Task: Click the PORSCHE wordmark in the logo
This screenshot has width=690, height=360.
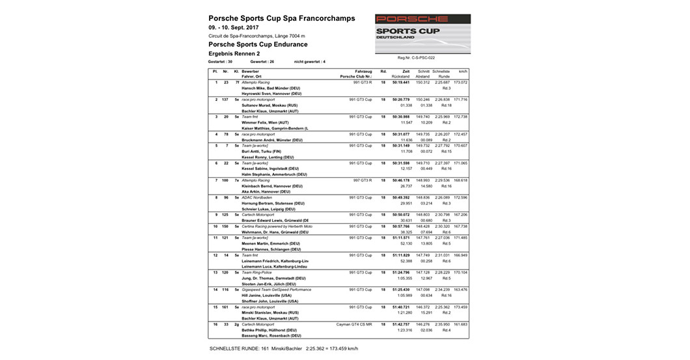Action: coord(412,20)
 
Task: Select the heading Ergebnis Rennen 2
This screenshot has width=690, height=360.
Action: coord(234,53)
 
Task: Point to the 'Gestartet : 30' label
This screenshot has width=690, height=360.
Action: coord(220,61)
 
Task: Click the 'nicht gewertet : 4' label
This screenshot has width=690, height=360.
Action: coord(309,61)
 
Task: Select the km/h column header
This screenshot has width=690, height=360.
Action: coord(463,71)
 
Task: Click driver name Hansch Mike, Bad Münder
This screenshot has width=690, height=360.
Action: coord(269,88)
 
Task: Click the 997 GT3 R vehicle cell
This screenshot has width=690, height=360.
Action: coord(361,180)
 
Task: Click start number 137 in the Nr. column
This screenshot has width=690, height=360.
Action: coord(226,99)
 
